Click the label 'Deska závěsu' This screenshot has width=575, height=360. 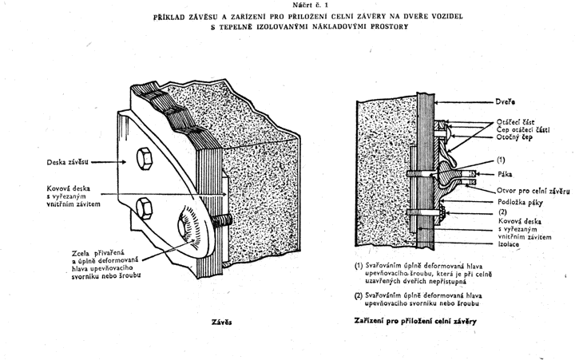(67, 162)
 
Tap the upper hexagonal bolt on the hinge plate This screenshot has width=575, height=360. (144, 159)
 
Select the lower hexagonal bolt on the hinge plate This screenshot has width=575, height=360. (144, 208)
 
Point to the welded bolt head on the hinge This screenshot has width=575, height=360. (188, 227)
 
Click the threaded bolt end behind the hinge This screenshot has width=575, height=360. (221, 220)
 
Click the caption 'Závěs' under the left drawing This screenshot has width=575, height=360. (221, 322)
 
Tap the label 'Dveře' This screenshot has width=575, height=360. (505, 102)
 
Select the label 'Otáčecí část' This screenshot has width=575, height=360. (515, 121)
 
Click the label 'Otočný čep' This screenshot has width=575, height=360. (514, 137)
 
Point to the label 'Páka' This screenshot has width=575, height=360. (505, 174)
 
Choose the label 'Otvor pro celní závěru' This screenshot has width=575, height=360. (533, 191)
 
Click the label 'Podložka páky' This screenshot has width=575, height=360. (520, 202)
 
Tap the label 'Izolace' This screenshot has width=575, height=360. (508, 243)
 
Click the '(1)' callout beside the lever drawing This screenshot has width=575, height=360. (501, 160)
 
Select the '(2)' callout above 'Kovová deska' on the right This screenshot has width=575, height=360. (502, 212)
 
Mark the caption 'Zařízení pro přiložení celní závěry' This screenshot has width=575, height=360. (415, 321)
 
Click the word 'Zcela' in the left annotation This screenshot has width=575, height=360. (81, 253)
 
